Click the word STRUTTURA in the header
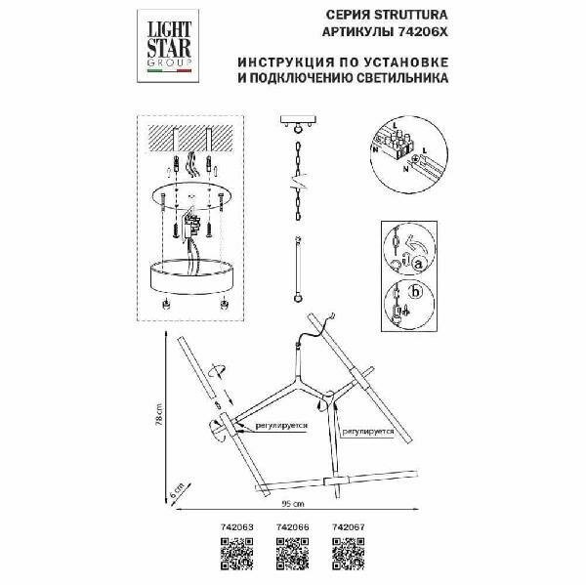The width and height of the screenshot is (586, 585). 421,16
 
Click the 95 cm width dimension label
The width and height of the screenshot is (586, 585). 289,505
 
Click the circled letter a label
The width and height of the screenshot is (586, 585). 416,263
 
